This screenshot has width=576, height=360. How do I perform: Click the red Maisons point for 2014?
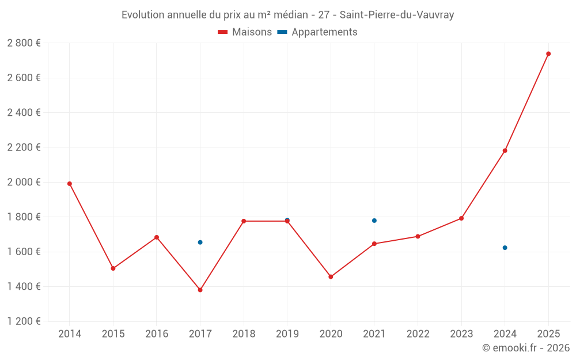click(x=70, y=184)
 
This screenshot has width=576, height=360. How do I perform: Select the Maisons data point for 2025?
click(x=548, y=54)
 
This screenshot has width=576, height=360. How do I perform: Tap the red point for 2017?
click(x=200, y=290)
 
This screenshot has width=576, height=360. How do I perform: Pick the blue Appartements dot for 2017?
click(x=200, y=242)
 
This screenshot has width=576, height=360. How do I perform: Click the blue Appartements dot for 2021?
click(x=374, y=221)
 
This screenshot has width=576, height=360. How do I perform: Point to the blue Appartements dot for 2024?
click(x=505, y=248)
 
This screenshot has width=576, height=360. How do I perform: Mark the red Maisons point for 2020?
click(x=331, y=277)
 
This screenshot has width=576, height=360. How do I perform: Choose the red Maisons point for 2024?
click(x=505, y=151)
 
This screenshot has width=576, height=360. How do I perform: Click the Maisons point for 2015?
click(x=113, y=268)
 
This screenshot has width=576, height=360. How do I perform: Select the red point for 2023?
click(x=461, y=218)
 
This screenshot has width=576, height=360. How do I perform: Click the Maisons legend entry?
click(x=245, y=32)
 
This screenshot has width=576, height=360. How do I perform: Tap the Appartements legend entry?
click(x=317, y=32)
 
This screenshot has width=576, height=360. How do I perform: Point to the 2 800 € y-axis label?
click(x=24, y=43)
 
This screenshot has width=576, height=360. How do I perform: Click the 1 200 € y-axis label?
click(x=24, y=321)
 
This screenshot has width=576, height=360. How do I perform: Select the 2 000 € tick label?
click(x=24, y=182)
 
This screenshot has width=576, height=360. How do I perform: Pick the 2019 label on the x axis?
click(x=287, y=334)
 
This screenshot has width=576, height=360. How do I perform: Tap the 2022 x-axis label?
click(x=418, y=334)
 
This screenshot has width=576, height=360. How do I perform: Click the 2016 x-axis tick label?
click(x=157, y=334)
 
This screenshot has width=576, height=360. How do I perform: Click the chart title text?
click(x=288, y=15)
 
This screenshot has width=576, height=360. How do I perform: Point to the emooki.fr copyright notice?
click(x=526, y=348)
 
